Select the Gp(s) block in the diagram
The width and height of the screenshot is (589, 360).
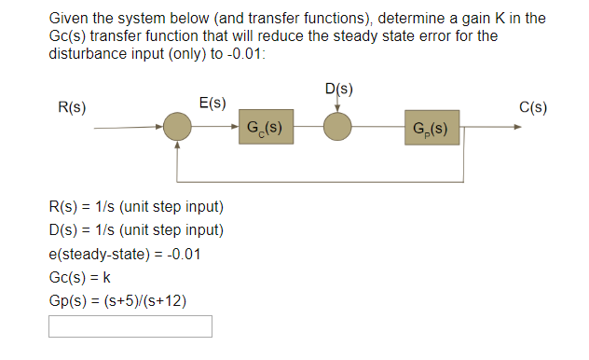(x=431, y=127)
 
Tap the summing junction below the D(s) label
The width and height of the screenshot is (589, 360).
(x=337, y=127)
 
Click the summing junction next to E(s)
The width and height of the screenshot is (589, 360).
(x=177, y=128)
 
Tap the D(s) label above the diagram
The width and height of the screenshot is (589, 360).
(x=339, y=90)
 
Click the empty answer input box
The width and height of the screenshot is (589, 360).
(x=130, y=325)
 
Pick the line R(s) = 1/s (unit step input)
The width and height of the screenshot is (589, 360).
(x=135, y=206)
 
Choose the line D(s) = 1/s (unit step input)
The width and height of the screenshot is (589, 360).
(x=135, y=229)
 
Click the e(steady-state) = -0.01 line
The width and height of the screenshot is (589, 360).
(x=124, y=254)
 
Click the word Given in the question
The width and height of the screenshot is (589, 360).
(x=68, y=19)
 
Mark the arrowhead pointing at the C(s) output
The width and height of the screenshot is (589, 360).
(x=517, y=128)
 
